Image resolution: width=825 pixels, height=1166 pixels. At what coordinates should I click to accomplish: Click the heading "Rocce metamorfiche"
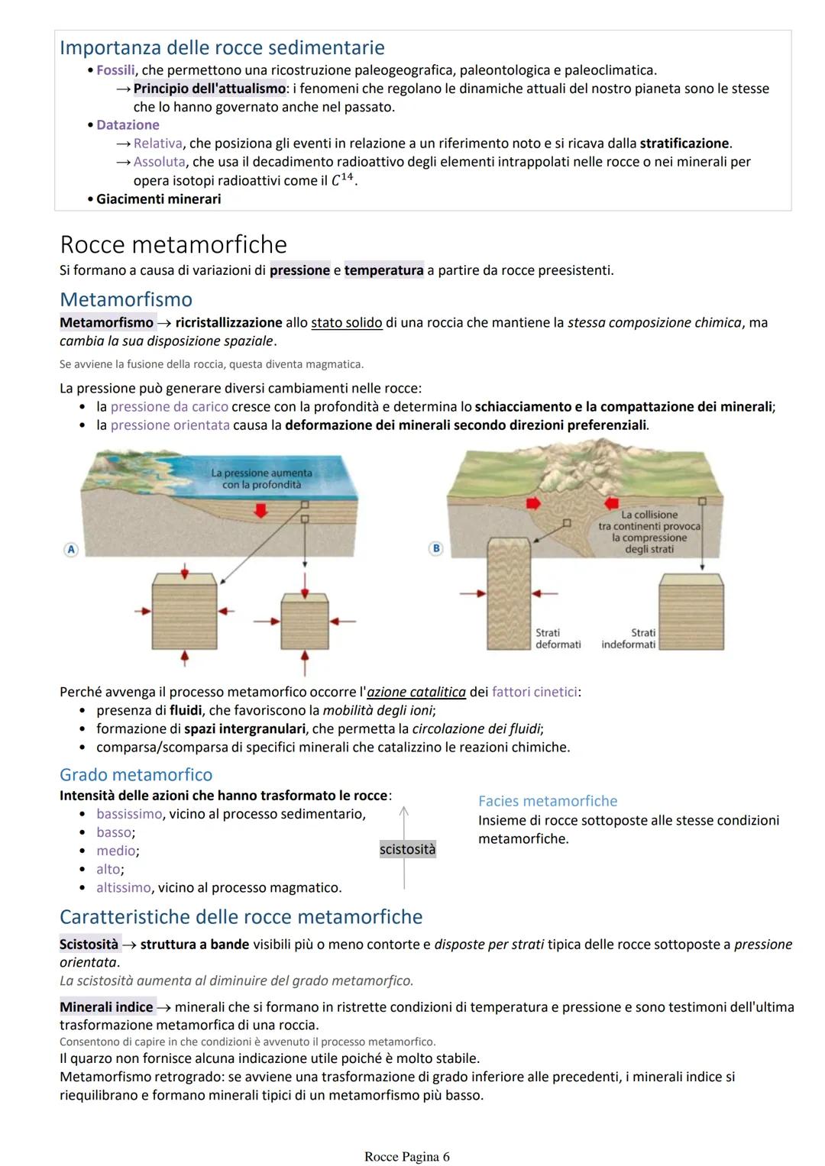point(173,244)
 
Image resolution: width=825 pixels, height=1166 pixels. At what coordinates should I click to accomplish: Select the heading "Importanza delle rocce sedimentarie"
point(222,47)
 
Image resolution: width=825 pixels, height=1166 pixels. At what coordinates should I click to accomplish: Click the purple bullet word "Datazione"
point(128,125)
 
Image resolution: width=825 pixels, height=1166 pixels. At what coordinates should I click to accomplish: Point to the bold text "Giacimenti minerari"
point(158,199)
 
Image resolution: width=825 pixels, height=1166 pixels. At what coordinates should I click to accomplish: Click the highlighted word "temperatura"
point(383,270)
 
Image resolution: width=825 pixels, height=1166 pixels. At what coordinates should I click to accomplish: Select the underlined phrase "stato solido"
point(346,323)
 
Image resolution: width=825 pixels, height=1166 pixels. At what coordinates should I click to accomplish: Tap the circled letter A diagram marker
point(71,549)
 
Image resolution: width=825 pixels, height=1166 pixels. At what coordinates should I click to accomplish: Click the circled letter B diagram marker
point(436,548)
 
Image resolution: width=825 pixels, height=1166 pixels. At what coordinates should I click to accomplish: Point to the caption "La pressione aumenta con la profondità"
point(261,479)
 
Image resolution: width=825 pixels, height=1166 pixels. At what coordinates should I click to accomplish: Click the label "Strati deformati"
point(558,638)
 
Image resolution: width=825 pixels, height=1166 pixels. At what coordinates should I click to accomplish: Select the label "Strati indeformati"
point(629,638)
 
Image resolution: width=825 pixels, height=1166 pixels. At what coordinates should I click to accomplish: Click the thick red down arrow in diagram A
point(261,509)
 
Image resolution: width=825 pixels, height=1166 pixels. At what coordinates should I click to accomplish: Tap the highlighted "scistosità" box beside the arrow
point(407,850)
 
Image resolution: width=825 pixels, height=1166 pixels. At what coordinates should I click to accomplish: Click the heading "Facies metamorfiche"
point(548,801)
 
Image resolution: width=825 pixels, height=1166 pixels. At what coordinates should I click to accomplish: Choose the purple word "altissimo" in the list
point(124,888)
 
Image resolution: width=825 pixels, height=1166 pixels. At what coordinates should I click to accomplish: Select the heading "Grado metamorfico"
point(136,775)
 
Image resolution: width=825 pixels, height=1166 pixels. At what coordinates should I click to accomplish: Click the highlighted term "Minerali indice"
point(106,1007)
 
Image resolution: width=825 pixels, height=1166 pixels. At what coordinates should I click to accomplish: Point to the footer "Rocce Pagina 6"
point(406,1157)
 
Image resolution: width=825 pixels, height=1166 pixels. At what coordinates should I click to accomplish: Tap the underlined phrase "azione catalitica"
point(416,693)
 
